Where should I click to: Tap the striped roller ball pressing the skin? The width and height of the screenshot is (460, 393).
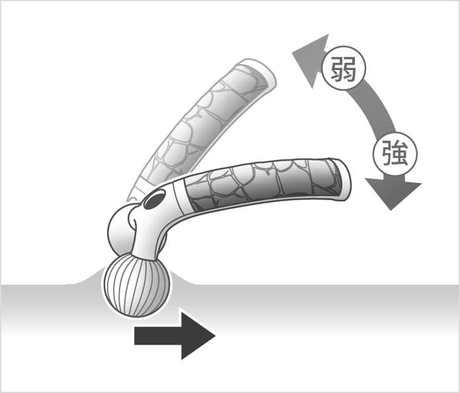click(136, 284)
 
